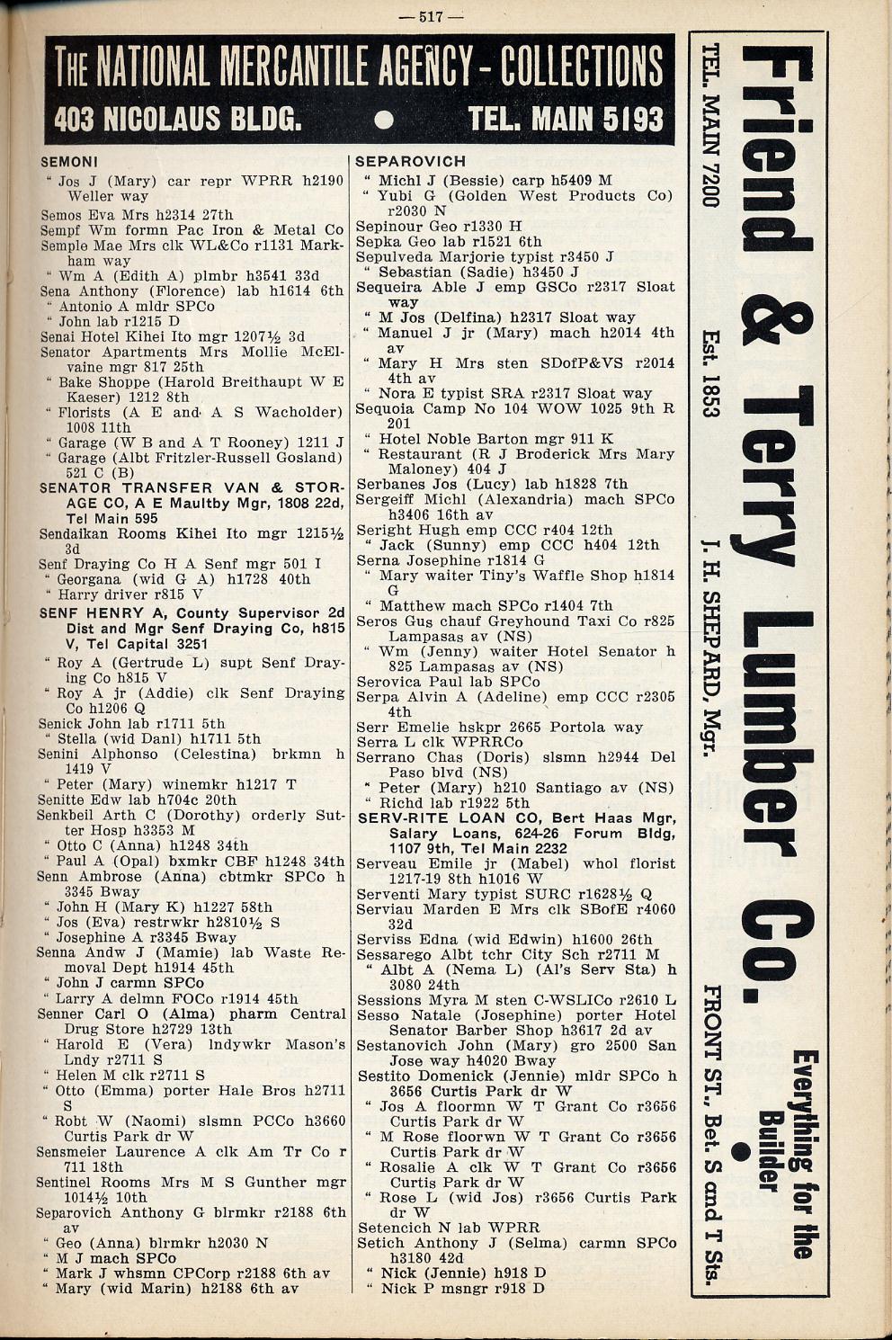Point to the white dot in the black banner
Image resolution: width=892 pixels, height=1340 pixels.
click(384, 120)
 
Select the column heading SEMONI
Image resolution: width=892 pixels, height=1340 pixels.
click(69, 163)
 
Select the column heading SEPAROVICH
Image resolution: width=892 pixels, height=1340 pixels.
click(411, 162)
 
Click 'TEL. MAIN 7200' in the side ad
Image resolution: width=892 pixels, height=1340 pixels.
click(711, 126)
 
